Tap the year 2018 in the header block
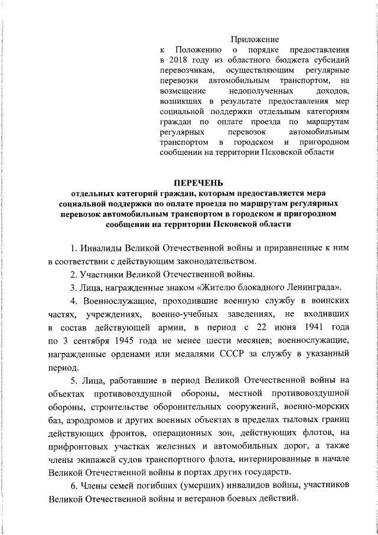[178, 60]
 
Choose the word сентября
[97, 341]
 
